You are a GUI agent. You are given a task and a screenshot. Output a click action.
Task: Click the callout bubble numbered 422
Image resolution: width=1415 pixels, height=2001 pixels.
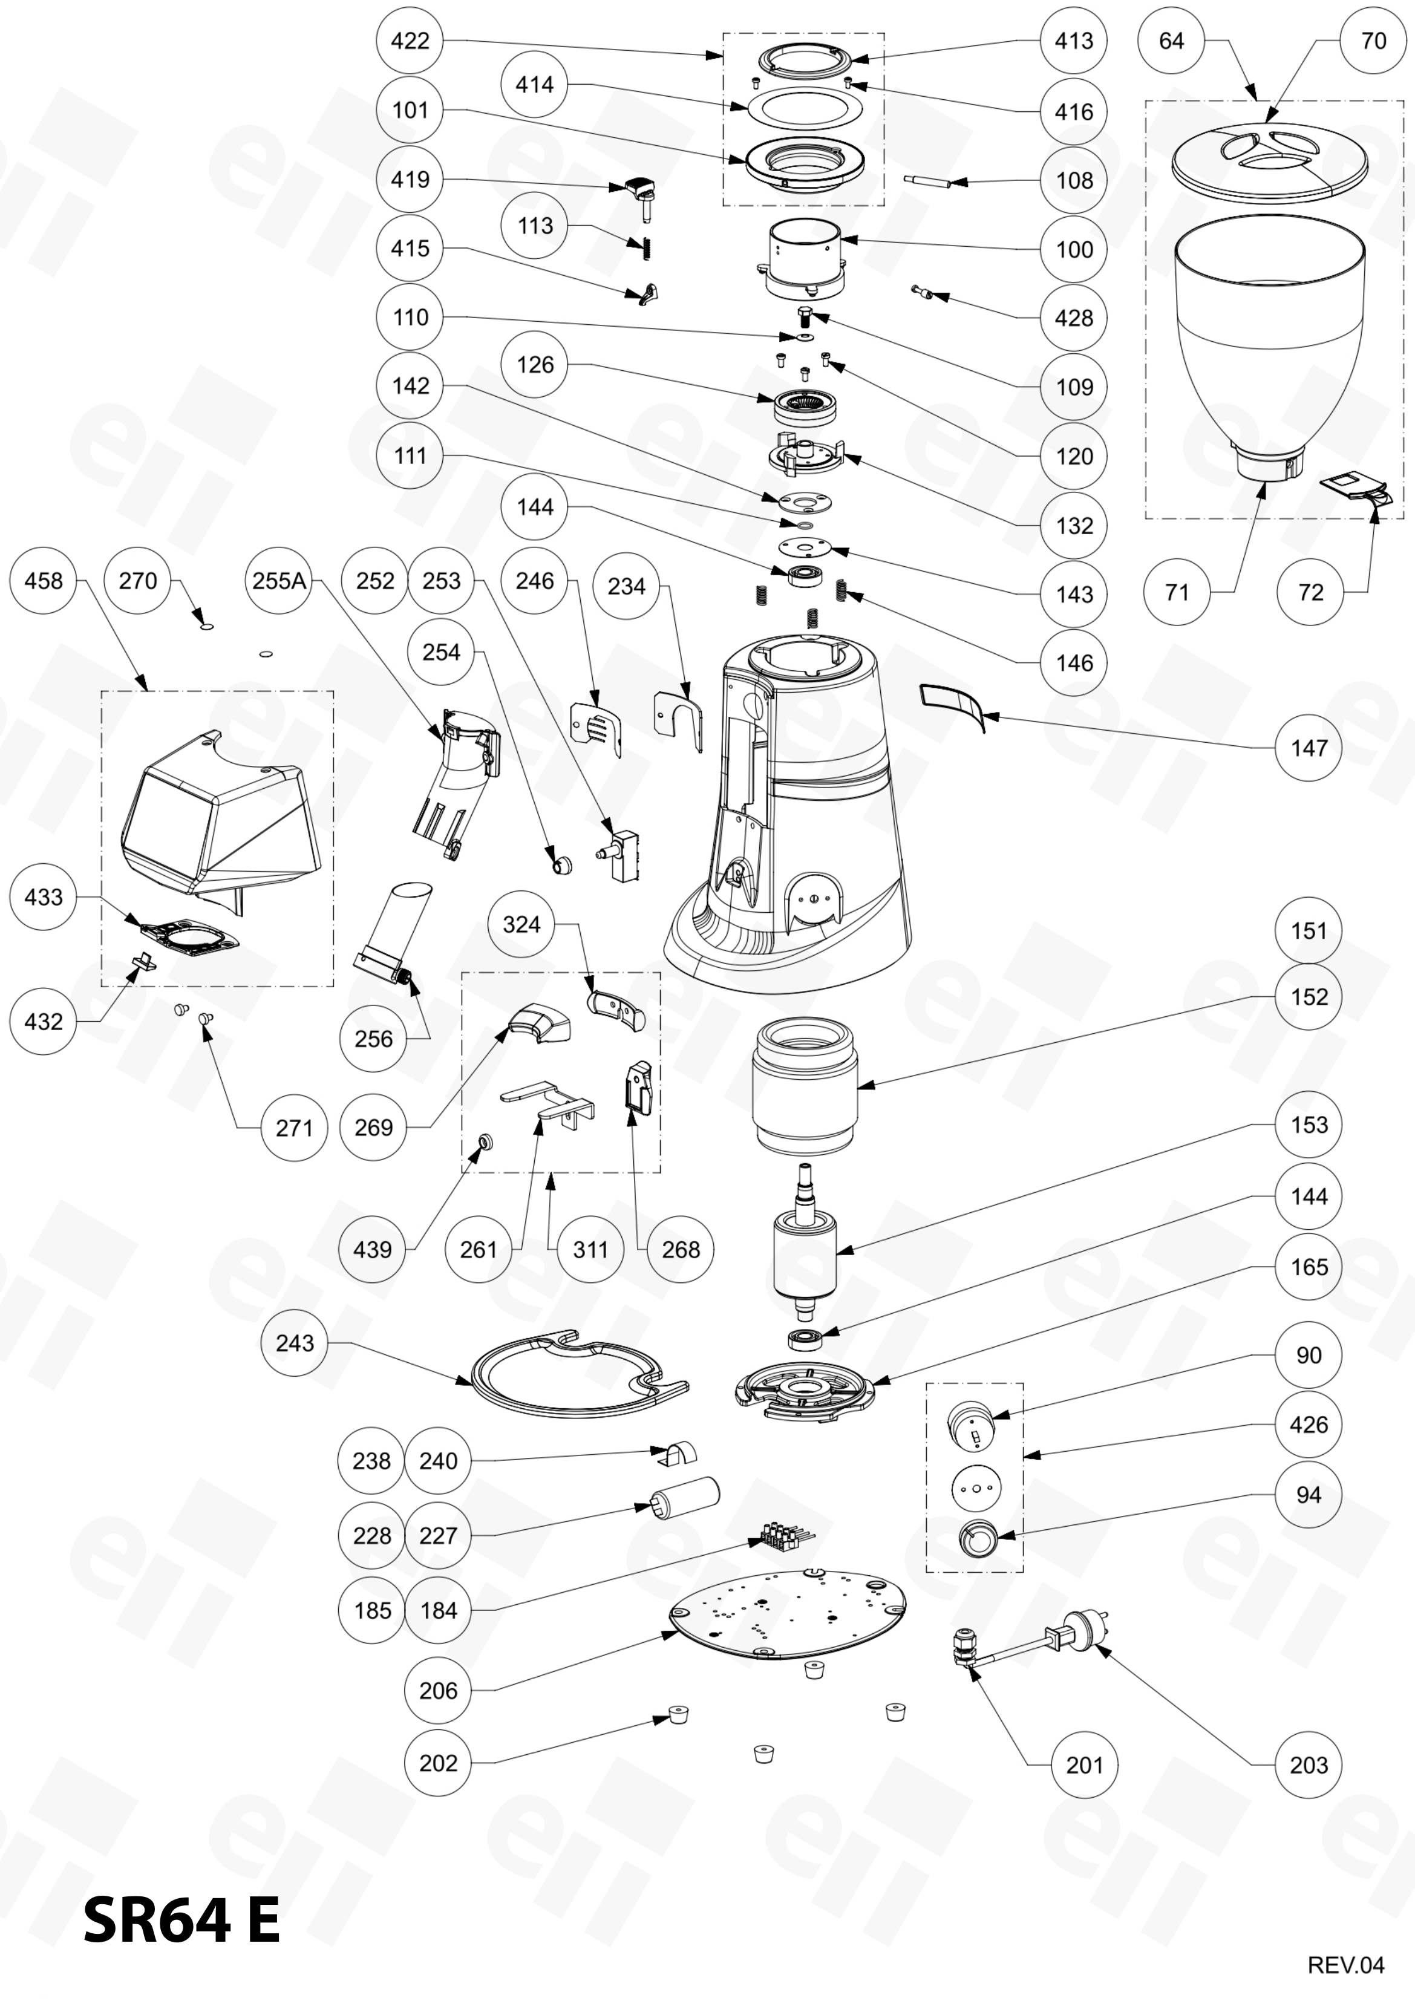pyautogui.click(x=410, y=41)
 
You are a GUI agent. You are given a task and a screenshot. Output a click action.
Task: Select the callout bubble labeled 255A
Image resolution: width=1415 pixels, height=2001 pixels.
pyautogui.click(x=279, y=581)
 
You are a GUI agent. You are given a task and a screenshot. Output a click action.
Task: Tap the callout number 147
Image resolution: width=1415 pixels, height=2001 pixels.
pyautogui.click(x=1309, y=748)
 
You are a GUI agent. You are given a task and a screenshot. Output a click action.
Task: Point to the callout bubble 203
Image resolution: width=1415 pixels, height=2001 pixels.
pyautogui.click(x=1309, y=1765)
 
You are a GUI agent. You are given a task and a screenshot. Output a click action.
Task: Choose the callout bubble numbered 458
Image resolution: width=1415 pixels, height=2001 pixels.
pyautogui.click(x=44, y=581)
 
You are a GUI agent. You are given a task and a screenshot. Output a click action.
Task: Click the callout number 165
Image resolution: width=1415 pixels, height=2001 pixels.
pyautogui.click(x=1309, y=1267)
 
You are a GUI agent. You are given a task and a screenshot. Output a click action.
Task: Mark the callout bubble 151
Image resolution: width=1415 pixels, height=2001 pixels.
pyautogui.click(x=1309, y=931)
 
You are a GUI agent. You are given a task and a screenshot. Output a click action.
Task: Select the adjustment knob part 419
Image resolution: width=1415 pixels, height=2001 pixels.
pyautogui.click(x=640, y=196)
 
